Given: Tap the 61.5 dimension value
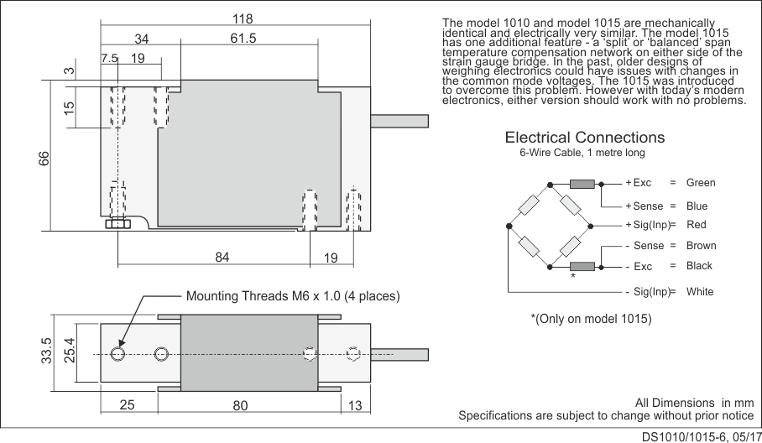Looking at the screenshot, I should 242,39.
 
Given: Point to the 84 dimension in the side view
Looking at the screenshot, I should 222,258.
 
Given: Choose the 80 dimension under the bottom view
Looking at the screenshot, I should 241,406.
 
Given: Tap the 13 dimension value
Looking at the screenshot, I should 354,406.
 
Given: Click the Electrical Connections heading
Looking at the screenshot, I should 584,138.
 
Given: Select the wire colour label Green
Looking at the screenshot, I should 701,183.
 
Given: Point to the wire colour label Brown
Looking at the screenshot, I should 701,246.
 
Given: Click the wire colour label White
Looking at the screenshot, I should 700,292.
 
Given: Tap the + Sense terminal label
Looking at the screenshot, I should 645,206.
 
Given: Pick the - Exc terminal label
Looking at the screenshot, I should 639,266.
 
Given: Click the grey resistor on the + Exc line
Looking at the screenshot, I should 582,184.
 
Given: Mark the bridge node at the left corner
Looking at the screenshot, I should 509,227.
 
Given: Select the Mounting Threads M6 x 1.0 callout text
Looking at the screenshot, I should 292,296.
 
